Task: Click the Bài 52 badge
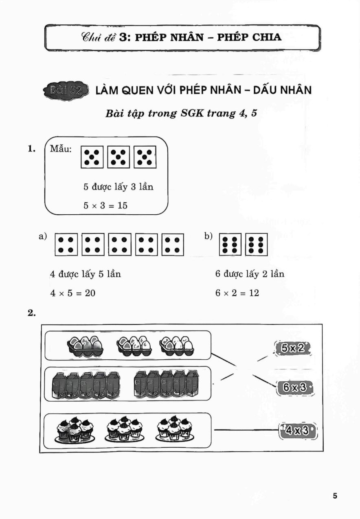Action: click(x=66, y=90)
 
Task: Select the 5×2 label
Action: click(x=292, y=348)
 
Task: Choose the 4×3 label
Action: click(x=298, y=431)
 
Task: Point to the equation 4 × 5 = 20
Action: click(x=73, y=293)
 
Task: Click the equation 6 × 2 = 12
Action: click(x=237, y=293)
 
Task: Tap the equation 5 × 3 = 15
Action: click(x=105, y=205)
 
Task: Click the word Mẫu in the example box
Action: click(x=61, y=149)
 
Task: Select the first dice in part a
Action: click(x=66, y=244)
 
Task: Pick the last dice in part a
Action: click(x=173, y=244)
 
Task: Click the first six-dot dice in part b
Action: click(x=230, y=244)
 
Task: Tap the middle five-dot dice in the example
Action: click(x=119, y=157)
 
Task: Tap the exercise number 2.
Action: click(x=32, y=314)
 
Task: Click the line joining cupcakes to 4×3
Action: click(x=246, y=430)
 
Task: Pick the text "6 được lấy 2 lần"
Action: click(x=250, y=274)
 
